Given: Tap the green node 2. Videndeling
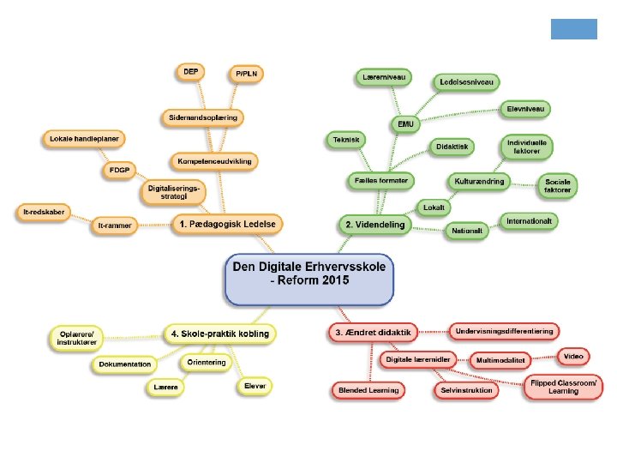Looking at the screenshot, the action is click(x=374, y=224).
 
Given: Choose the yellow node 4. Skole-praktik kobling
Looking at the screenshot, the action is click(x=220, y=333).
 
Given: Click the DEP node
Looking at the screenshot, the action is click(x=191, y=72).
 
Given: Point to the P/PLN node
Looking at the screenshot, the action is click(x=248, y=75).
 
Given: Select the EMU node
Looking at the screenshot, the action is click(x=405, y=124).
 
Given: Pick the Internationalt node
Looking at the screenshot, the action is click(x=529, y=222).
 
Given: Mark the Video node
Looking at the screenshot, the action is click(x=573, y=355).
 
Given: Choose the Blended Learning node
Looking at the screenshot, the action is click(x=367, y=390).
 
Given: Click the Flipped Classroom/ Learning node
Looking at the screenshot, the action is click(x=564, y=387).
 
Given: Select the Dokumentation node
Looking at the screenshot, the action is click(x=125, y=365).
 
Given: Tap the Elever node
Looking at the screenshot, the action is click(x=255, y=386).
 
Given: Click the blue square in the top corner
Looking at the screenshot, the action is click(x=573, y=29).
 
